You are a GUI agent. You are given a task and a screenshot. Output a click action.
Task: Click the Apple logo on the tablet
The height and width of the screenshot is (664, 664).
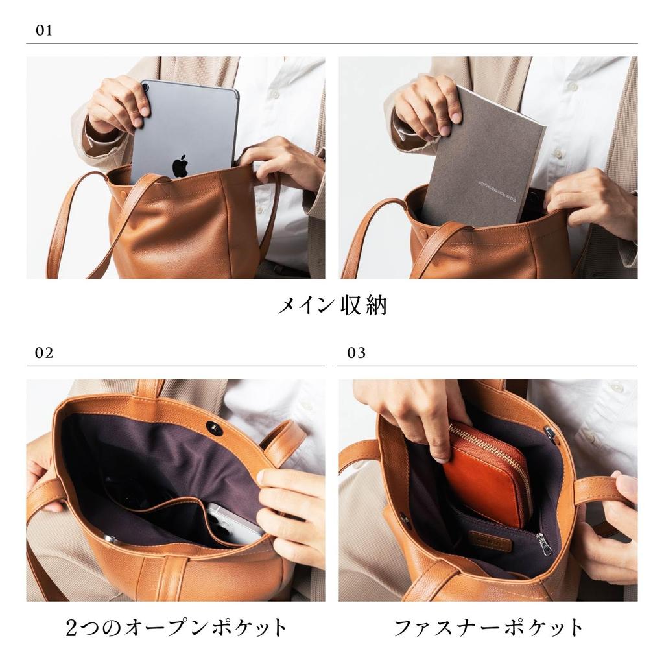(180, 166)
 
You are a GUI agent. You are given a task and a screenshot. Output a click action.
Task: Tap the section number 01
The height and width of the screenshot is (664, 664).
(43, 30)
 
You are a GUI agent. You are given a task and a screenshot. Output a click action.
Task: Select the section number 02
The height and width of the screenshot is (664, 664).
(44, 353)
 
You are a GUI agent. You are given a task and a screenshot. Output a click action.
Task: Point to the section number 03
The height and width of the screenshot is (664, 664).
(356, 353)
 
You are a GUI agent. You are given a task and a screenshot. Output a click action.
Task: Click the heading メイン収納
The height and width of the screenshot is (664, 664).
(331, 305)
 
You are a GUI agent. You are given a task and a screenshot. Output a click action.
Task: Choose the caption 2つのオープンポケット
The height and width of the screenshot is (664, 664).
(176, 628)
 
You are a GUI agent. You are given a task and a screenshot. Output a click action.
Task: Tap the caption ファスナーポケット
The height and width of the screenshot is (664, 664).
(489, 628)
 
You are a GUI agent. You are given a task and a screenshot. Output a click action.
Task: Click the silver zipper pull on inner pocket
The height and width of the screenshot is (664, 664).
(544, 545)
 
